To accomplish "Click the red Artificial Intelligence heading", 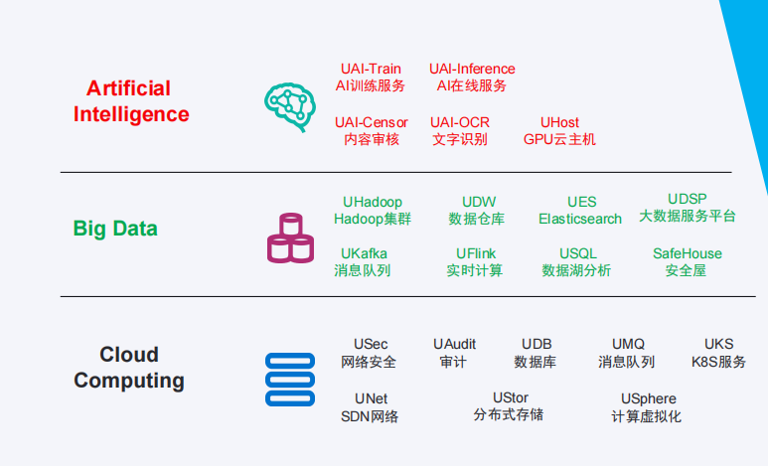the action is pyautogui.click(x=131, y=101).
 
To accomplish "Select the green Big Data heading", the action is pyautogui.click(x=115, y=229).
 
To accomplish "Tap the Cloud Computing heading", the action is pyautogui.click(x=129, y=368).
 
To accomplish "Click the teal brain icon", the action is pyautogui.click(x=290, y=106).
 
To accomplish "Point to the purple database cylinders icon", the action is pyautogui.click(x=290, y=237).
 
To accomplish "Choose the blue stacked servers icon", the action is pyautogui.click(x=290, y=380).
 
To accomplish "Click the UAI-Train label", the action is pyautogui.click(x=371, y=78).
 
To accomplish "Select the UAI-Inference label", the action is pyautogui.click(x=472, y=78).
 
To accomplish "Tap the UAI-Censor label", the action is pyautogui.click(x=372, y=131).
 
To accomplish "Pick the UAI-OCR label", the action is pyautogui.click(x=459, y=131).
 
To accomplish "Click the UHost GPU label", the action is pyautogui.click(x=559, y=131).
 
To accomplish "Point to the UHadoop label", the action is pyautogui.click(x=373, y=211).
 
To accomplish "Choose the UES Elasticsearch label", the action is pyautogui.click(x=580, y=211).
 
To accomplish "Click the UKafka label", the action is pyautogui.click(x=363, y=262).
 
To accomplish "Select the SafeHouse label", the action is pyautogui.click(x=688, y=262).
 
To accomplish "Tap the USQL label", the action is pyautogui.click(x=576, y=262).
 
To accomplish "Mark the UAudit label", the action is pyautogui.click(x=454, y=353).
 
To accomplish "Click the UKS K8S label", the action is pyautogui.click(x=718, y=353).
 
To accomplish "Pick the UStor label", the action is pyautogui.click(x=509, y=406).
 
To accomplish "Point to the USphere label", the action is pyautogui.click(x=647, y=407).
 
